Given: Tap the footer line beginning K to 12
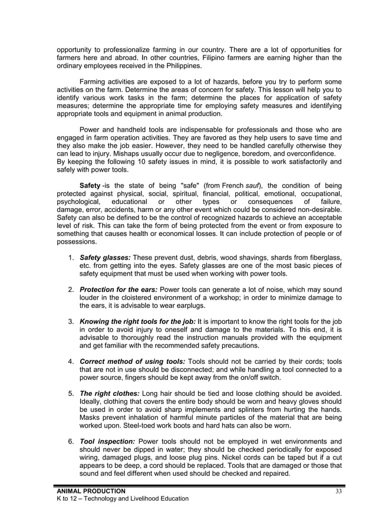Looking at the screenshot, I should click(122, 498).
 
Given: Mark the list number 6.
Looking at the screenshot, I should click(70, 441).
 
